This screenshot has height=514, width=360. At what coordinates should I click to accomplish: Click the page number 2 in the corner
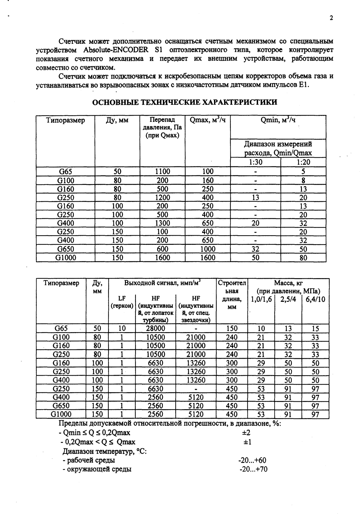click(331, 18)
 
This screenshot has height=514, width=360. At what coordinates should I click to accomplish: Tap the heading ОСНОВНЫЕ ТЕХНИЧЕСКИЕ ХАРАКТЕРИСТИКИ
click(184, 102)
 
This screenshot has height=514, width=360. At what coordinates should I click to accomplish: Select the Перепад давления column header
click(162, 128)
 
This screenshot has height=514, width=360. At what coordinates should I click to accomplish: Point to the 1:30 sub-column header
click(255, 162)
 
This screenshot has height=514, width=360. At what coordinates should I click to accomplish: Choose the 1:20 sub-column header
click(303, 162)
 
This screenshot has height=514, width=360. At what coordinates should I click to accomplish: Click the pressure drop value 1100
click(163, 171)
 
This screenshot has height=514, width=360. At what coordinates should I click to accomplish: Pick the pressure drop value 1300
click(163, 223)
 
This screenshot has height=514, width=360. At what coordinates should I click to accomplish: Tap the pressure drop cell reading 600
click(163, 249)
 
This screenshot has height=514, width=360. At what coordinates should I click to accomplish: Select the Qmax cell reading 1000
click(208, 249)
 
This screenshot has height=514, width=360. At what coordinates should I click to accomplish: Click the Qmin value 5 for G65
click(303, 171)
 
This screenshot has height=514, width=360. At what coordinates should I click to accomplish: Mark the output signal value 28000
click(156, 328)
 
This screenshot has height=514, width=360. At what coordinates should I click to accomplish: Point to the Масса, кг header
click(288, 283)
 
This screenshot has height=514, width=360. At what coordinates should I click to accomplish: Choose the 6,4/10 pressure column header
click(315, 300)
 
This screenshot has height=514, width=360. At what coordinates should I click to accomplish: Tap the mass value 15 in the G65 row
click(315, 328)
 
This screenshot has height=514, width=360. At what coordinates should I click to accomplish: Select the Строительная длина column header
click(232, 295)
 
